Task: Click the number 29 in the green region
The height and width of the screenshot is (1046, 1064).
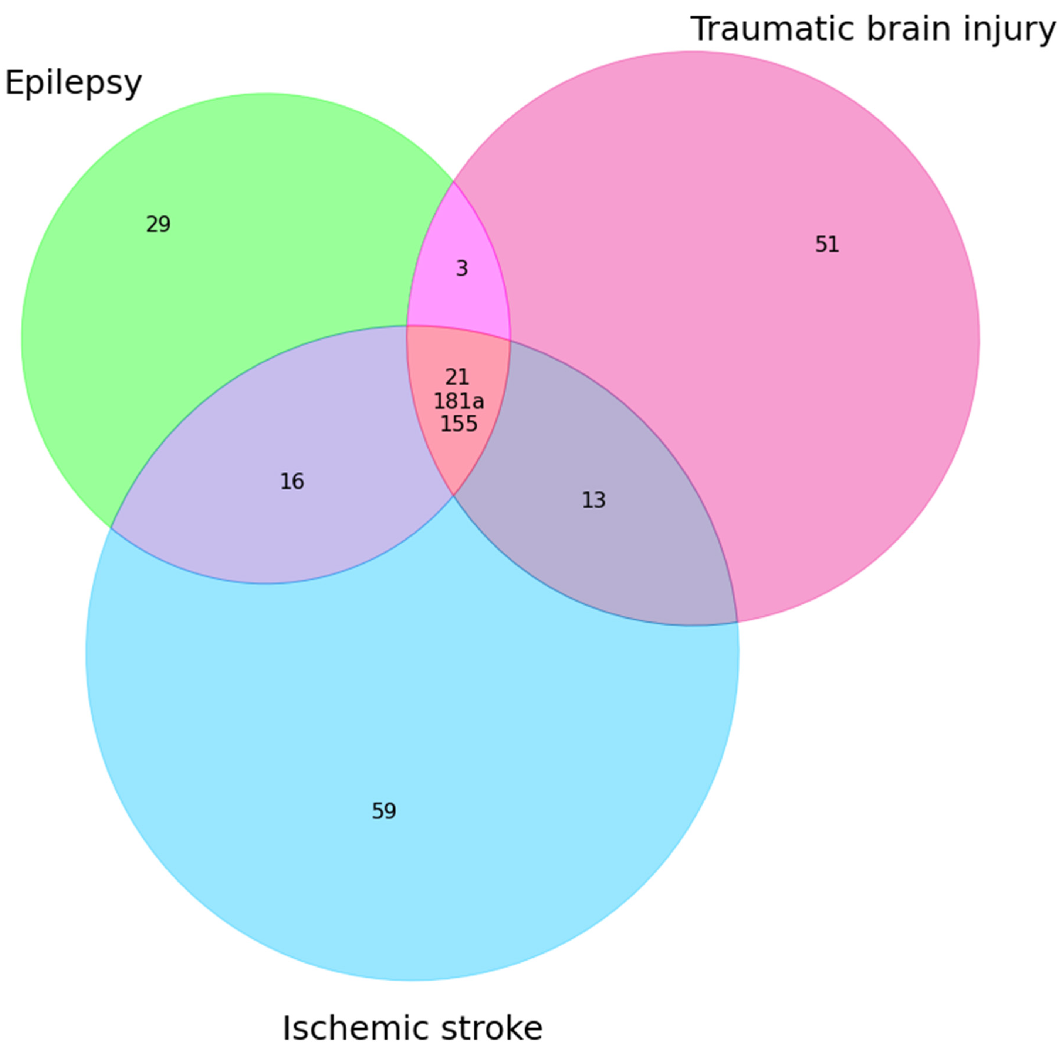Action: [x=158, y=224]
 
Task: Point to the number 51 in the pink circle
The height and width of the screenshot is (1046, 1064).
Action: [x=827, y=245]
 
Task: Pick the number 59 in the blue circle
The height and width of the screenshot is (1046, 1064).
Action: [x=384, y=811]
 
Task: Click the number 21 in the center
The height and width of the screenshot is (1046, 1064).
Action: [x=457, y=377]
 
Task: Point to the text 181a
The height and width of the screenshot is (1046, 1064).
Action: [x=459, y=401]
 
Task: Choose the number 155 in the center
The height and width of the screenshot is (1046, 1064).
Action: [x=459, y=424]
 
